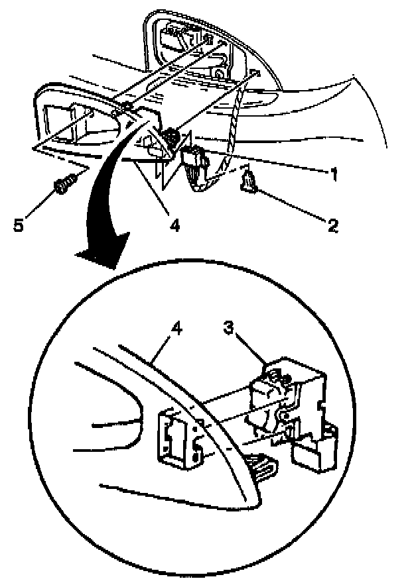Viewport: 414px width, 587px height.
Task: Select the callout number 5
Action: [x=20, y=225]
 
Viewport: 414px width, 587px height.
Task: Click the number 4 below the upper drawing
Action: [x=174, y=225]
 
